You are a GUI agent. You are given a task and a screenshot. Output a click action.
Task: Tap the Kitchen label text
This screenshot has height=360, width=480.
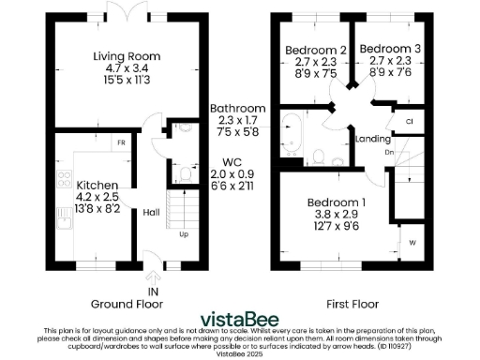97,185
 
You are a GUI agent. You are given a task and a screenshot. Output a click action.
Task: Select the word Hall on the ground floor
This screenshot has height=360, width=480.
151,213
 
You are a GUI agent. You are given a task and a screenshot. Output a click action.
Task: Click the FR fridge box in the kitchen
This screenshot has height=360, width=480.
121,142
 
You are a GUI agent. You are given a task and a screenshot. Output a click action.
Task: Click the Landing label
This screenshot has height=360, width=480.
373,140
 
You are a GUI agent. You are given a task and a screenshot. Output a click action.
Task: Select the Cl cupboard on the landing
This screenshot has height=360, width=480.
409,122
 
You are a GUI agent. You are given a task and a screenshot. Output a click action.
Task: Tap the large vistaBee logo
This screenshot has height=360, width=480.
242,318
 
